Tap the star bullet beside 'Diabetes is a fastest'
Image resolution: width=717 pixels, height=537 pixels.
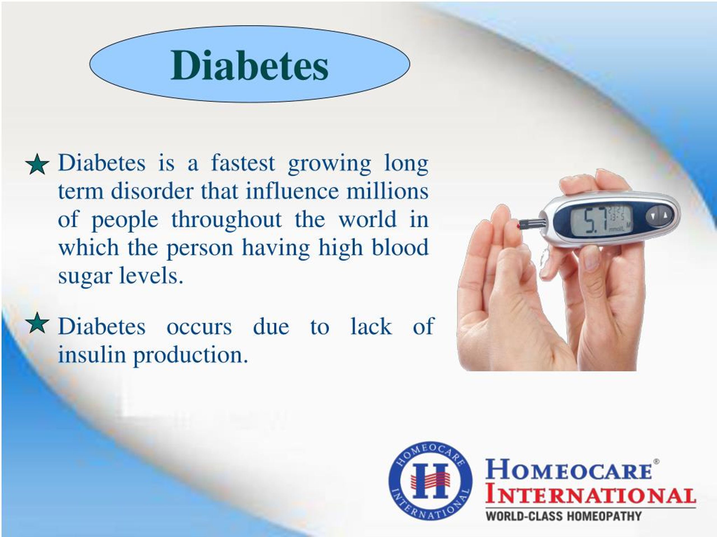pos(37,164)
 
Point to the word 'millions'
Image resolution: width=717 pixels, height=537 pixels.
pos(387,191)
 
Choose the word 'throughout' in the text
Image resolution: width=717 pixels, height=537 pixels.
pos(226,220)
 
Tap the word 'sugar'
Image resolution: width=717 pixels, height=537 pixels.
pos(85,276)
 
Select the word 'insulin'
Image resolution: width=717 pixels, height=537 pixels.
pos(92,355)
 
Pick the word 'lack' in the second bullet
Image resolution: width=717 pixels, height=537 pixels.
pos(371,326)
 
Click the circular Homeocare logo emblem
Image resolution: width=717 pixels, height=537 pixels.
pos(430,481)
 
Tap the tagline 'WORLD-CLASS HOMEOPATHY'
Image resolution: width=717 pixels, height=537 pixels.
pos(563,516)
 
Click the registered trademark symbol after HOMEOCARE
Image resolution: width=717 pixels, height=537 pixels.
pos(657,461)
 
